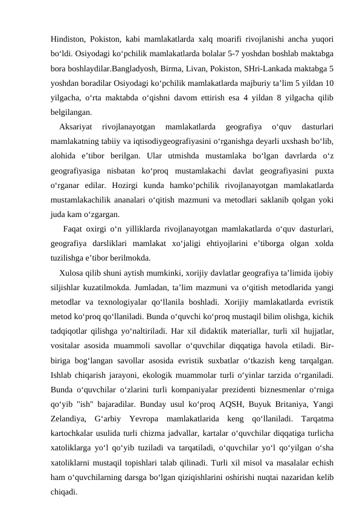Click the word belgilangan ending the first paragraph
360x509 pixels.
click(71, 112)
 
